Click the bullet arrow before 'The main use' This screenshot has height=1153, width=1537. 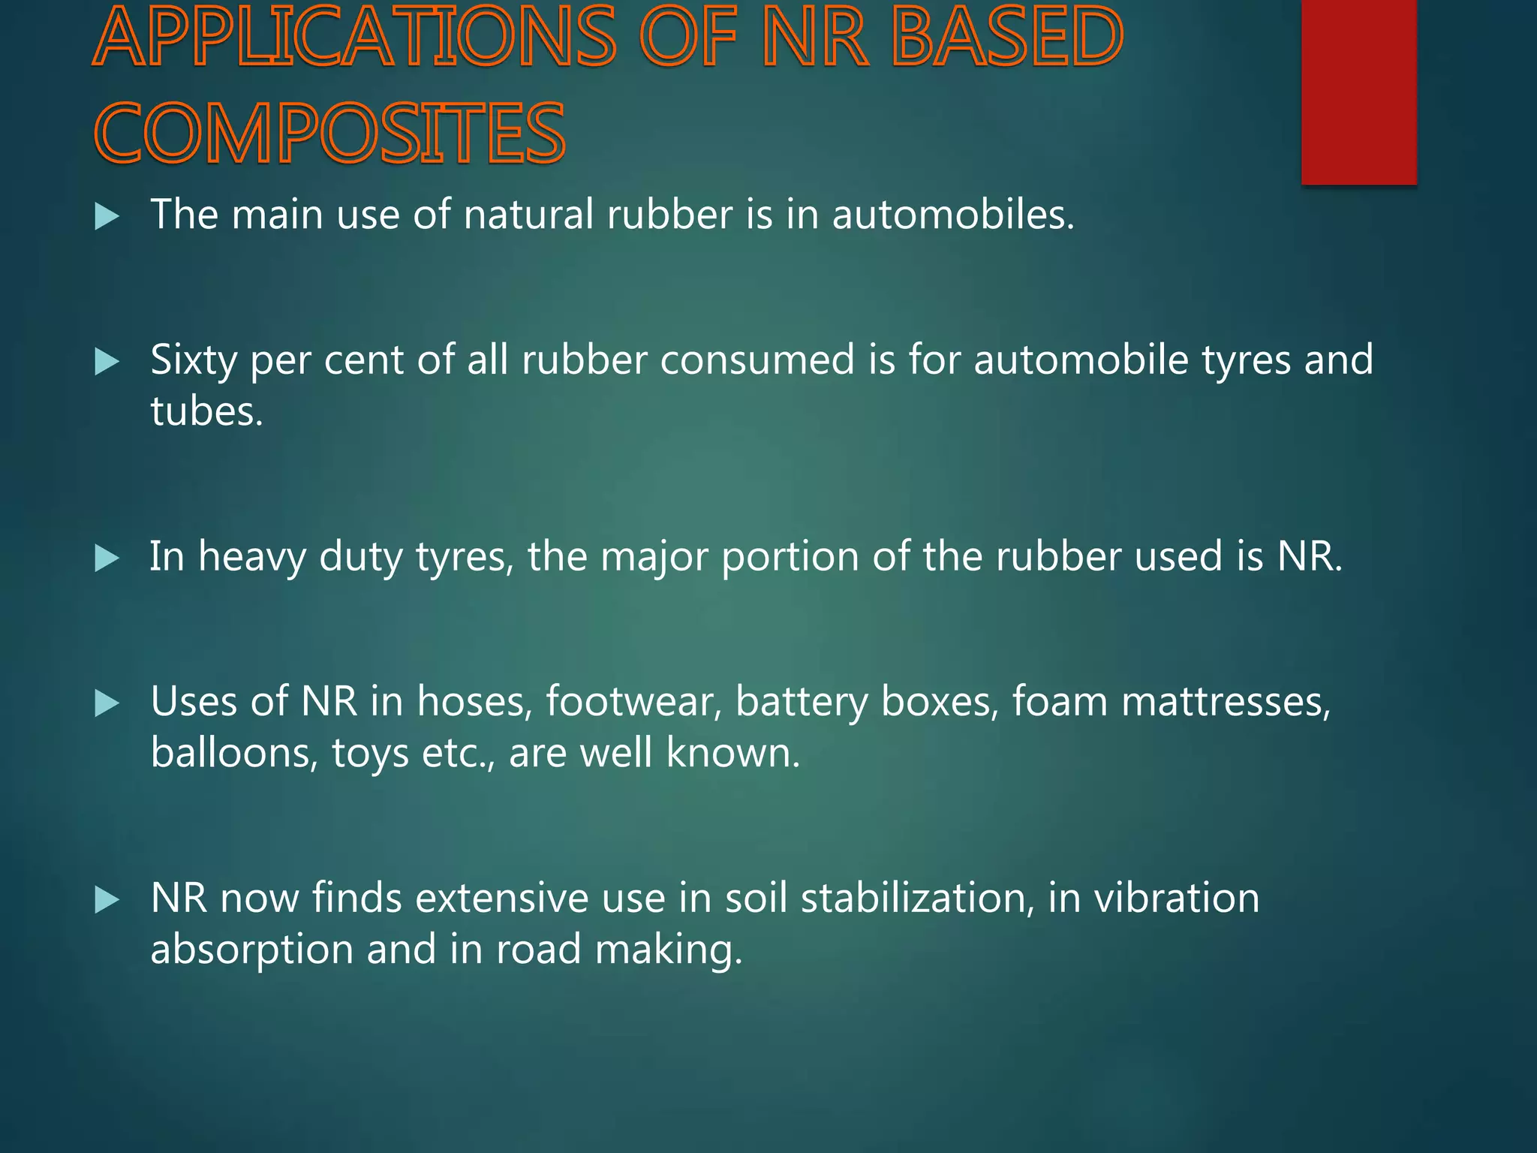tap(107, 217)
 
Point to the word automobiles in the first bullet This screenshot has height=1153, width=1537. tap(952, 215)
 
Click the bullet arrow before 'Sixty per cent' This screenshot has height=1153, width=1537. tap(107, 363)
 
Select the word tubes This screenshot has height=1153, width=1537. tap(206, 411)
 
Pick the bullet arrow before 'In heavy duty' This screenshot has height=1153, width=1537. tap(107, 558)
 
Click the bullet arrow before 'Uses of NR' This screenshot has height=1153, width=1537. tap(107, 703)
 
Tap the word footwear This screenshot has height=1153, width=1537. tap(633, 702)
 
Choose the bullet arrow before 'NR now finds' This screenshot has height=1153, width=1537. tap(107, 900)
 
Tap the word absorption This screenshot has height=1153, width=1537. tap(251, 950)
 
